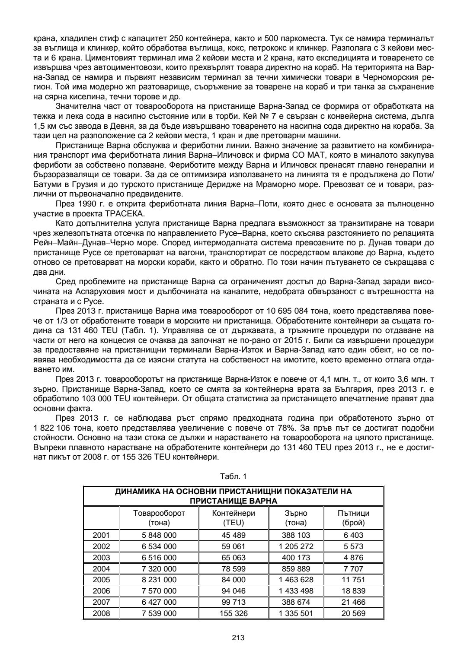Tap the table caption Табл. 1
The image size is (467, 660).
pos(233,476)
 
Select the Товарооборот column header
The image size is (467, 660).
pos(159,517)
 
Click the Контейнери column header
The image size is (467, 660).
pos(233,517)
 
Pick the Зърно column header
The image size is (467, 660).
pos(296,517)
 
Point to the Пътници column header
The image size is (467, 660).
pos(353,517)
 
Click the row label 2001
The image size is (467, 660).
pos(101,535)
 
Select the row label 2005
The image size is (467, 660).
pos(101,580)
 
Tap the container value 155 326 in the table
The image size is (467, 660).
pos(233,613)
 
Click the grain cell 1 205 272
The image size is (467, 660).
pos(296,546)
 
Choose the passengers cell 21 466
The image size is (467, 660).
pos(353,602)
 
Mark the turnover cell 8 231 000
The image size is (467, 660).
pos(159,580)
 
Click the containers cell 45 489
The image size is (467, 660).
pos(233,535)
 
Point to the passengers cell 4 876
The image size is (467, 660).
pos(353,558)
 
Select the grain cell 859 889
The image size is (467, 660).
pos(296,569)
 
